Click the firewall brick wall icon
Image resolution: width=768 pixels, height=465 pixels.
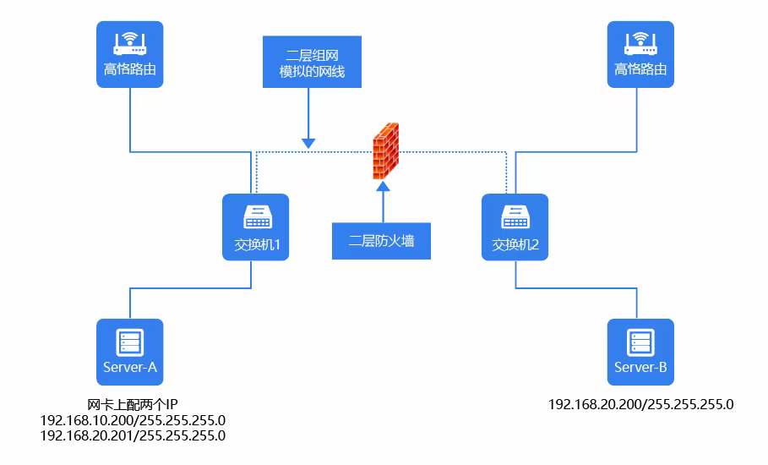[x=386, y=150]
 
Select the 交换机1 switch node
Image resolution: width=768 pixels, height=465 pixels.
[x=255, y=227]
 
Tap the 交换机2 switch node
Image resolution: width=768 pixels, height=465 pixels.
[x=515, y=227]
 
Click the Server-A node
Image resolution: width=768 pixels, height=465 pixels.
[x=129, y=352]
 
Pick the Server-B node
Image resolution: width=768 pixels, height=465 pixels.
[x=640, y=352]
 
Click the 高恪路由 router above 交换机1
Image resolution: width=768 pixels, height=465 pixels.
[x=129, y=54]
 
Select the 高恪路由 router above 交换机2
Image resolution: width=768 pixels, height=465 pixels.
[x=640, y=54]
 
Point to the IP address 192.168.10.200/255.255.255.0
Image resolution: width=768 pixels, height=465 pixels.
[x=133, y=420]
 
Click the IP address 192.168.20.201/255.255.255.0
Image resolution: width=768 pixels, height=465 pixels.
[x=133, y=435]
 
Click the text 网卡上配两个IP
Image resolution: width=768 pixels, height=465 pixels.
[x=133, y=404]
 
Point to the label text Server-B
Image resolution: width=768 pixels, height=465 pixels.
[x=640, y=368]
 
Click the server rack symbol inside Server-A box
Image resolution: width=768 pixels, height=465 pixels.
[x=129, y=342]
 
